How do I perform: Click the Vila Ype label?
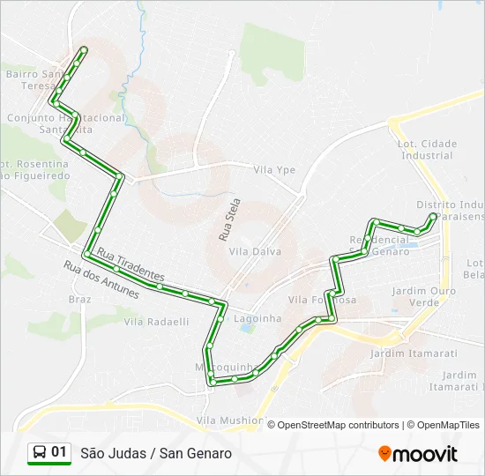[273, 170]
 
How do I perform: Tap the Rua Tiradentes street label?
[131, 262]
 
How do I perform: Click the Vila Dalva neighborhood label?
[255, 251]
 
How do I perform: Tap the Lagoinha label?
[259, 318]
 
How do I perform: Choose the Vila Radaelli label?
[156, 322]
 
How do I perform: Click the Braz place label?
[79, 299]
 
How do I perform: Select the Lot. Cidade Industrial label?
[427, 149]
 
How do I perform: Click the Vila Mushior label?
[229, 420]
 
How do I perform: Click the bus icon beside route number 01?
[40, 452]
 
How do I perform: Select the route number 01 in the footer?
[59, 452]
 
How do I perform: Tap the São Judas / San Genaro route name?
[156, 453]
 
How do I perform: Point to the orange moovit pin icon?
[384, 453]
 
